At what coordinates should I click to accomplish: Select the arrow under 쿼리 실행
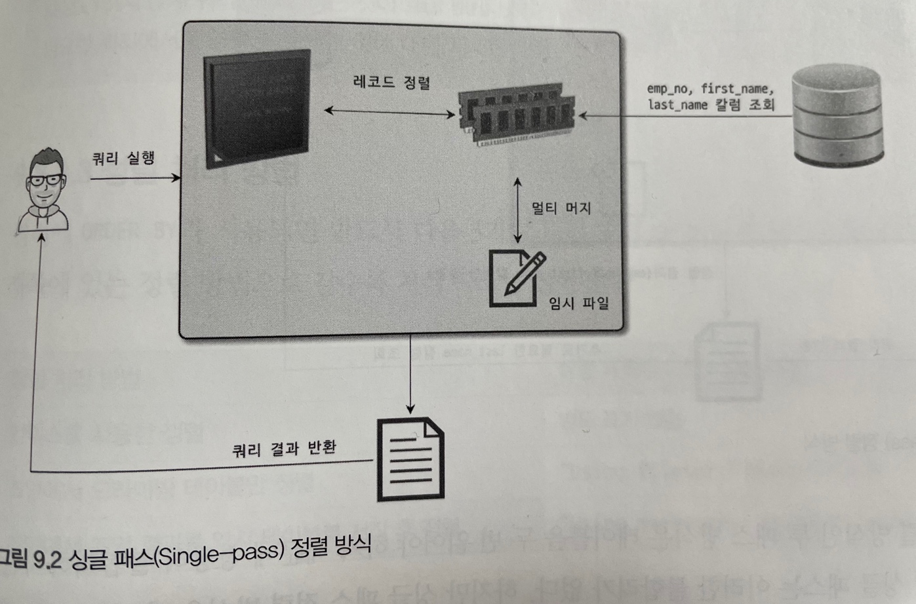[x=134, y=178]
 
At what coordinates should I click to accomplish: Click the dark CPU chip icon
[x=256, y=108]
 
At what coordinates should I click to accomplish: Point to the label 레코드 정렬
[x=391, y=83]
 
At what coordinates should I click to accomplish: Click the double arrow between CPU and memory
[x=389, y=113]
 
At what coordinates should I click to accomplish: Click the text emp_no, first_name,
[x=710, y=88]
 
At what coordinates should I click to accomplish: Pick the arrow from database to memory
[x=682, y=117]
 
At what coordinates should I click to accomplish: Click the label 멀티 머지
[x=561, y=209]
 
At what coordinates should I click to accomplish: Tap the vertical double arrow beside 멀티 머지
[x=518, y=210]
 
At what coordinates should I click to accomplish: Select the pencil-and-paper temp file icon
[x=516, y=278]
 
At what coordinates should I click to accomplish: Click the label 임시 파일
[x=578, y=303]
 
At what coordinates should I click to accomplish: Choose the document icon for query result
[x=410, y=459]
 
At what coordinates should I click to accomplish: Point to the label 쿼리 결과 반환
[x=284, y=449]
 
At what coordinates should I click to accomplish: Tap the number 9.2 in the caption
[x=47, y=559]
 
